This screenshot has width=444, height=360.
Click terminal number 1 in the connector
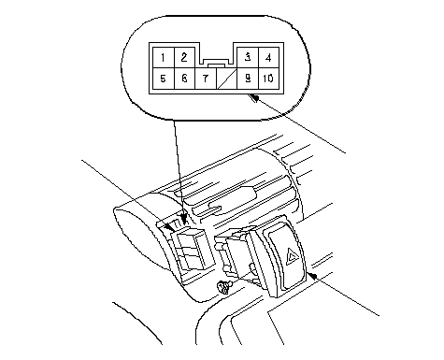point(164,58)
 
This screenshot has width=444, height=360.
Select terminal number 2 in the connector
point(184,58)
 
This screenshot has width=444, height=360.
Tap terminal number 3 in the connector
point(248,58)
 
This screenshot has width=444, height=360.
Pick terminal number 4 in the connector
point(268,58)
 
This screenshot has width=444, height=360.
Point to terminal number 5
point(164,79)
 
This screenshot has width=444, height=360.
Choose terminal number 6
point(184,79)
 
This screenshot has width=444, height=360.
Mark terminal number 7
point(206,79)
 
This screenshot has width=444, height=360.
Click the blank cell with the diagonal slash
point(226,79)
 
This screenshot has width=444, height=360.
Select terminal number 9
point(248,79)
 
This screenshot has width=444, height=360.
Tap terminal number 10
point(268,79)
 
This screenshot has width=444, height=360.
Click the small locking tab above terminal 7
point(216,65)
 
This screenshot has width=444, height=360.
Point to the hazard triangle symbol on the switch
point(293,256)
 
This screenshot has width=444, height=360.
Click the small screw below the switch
point(223,287)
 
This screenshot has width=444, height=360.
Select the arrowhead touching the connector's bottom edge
point(255,98)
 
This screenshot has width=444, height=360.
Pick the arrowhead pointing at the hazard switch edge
point(312,276)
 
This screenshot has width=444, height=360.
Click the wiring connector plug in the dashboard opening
point(191,250)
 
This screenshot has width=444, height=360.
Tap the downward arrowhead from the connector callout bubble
point(184,219)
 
